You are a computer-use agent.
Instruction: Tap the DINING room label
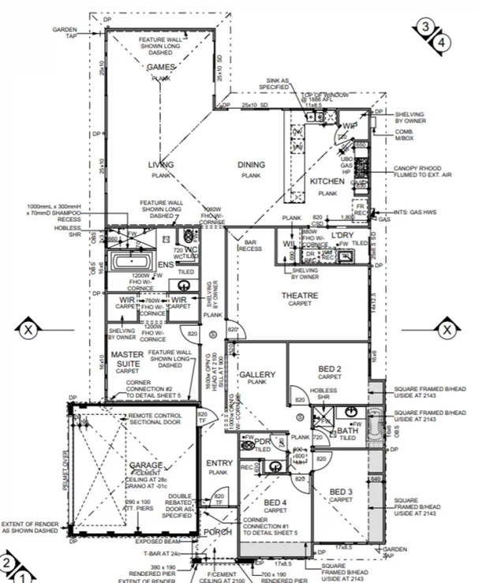(252, 165)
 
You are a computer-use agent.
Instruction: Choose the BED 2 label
(329, 369)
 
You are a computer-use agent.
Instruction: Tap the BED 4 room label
(275, 503)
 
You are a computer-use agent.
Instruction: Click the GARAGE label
(146, 465)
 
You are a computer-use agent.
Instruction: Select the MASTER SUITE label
(126, 359)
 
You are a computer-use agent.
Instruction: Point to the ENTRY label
(218, 463)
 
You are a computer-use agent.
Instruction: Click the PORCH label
(219, 531)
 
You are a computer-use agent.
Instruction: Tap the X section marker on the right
(446, 328)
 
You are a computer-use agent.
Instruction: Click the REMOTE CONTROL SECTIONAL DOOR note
(156, 418)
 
